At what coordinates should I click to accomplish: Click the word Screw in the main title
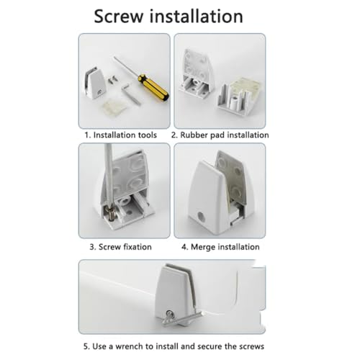pyautogui.click(x=119, y=17)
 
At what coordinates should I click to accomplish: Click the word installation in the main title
pyautogui.click(x=197, y=16)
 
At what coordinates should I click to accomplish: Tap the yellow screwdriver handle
pyautogui.click(x=153, y=88)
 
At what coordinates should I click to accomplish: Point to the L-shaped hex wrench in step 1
pyautogui.click(x=130, y=93)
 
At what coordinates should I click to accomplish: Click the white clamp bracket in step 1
pyautogui.click(x=94, y=82)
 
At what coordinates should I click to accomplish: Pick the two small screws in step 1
pyautogui.click(x=112, y=79)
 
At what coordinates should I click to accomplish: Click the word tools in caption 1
pyautogui.click(x=147, y=135)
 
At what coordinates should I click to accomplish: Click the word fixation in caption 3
pyautogui.click(x=138, y=247)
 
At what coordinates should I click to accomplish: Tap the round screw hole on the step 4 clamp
pyautogui.click(x=201, y=217)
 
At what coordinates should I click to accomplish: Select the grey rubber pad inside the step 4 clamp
pyautogui.click(x=231, y=178)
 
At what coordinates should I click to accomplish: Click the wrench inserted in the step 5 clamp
pyautogui.click(x=181, y=318)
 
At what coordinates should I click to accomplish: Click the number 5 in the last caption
pyautogui.click(x=86, y=346)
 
